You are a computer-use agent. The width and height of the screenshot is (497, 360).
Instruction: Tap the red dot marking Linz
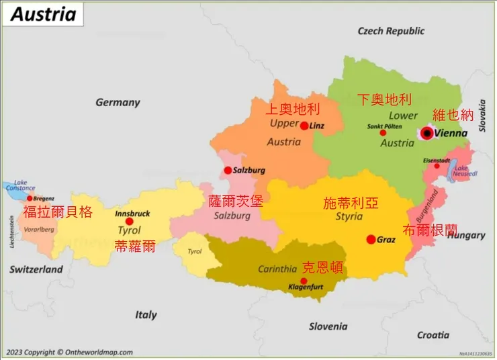pos(304,126)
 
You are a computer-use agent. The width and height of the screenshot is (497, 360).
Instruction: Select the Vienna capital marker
pos(427,134)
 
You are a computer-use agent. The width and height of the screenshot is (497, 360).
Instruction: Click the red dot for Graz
pos(371,239)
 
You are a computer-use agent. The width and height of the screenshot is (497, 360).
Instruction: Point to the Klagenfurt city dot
pos(304,281)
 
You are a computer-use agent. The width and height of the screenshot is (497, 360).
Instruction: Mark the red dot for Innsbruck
pos(129,222)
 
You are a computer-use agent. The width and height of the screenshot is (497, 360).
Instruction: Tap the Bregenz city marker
pos(30,198)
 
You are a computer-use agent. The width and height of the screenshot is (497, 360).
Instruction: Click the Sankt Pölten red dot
pos(383,133)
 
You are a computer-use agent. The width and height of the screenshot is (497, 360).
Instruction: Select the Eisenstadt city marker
pos(437,166)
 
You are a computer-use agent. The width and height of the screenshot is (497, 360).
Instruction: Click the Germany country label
pos(118,103)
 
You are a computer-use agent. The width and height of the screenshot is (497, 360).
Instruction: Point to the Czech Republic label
pos(391,31)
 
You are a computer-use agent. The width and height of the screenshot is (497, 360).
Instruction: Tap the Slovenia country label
pos(328,326)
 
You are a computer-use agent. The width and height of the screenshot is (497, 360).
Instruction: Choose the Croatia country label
pos(433,334)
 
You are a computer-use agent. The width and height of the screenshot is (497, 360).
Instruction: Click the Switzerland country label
pos(36,269)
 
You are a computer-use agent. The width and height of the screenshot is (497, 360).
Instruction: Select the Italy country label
pos(146,314)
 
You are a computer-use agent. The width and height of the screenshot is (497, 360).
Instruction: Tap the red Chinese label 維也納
pos(453,114)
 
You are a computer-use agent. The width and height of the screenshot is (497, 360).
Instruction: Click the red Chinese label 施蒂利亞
pos(350,202)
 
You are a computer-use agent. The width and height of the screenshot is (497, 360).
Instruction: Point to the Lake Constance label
pos(20,186)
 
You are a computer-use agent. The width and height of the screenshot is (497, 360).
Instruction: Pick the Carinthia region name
pos(277,269)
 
